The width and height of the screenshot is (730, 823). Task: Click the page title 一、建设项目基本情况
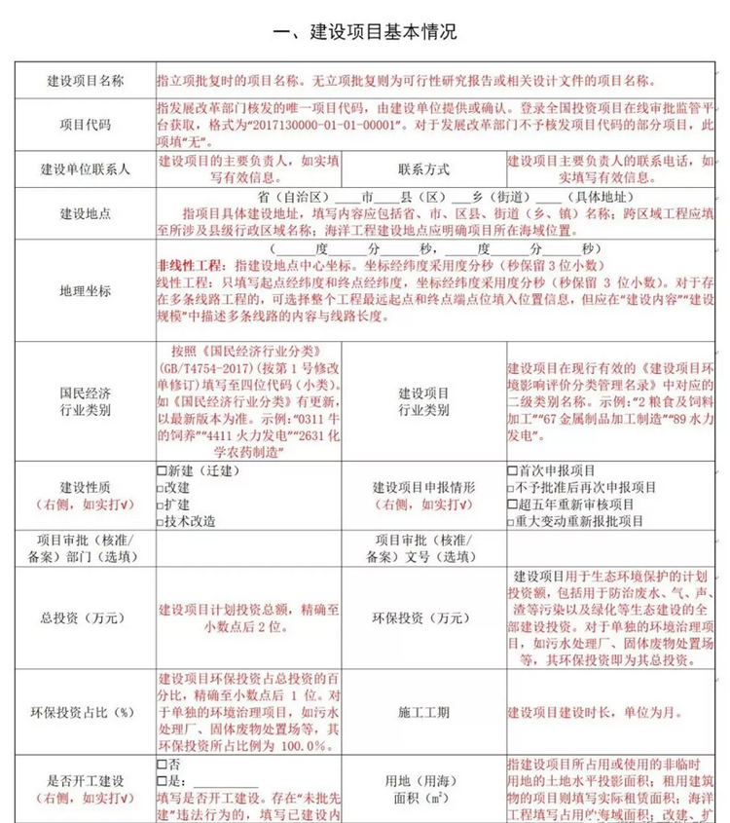(364, 32)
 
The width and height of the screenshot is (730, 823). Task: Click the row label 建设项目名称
(86, 79)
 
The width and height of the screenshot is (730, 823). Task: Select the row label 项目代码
(86, 126)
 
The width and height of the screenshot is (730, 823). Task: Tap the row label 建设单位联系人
(86, 168)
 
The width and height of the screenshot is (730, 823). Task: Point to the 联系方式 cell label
(423, 168)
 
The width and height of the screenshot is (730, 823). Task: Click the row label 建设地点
(86, 212)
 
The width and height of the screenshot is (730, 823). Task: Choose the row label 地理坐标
(86, 291)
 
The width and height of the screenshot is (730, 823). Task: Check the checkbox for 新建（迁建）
(162, 470)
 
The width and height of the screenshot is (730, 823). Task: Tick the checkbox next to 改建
(162, 487)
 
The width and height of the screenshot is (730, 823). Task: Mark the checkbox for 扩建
(162, 505)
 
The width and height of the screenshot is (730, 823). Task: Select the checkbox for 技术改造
(162, 522)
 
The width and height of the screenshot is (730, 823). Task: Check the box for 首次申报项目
(513, 470)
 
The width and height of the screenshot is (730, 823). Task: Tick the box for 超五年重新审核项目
(513, 505)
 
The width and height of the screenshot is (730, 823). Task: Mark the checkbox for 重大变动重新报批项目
(513, 522)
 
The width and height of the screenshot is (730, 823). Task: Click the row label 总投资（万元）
(86, 617)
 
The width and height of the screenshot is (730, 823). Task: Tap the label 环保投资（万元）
(423, 617)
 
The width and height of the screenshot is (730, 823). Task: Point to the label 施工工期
(423, 712)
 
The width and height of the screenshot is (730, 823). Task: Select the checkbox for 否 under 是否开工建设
(162, 764)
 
